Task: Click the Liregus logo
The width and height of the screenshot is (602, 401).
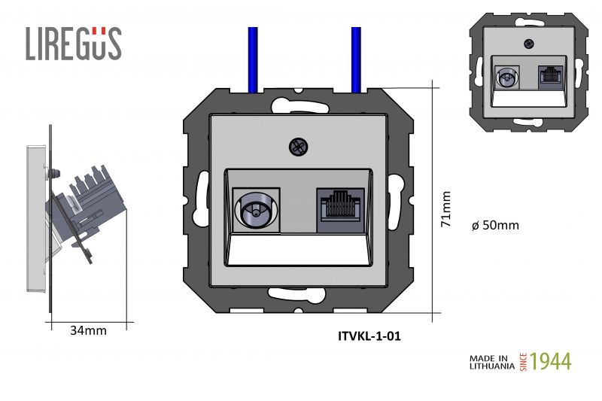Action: point(74,44)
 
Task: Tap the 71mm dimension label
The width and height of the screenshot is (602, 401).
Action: point(445,209)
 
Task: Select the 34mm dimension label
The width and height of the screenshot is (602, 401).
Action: point(88,330)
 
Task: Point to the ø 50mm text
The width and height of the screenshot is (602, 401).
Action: point(495,225)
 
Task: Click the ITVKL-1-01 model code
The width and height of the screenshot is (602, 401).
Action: point(369,336)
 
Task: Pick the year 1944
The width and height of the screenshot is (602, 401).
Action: point(551,361)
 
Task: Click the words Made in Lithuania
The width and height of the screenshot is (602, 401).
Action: point(492,362)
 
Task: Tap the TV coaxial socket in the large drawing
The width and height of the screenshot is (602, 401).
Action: point(256,211)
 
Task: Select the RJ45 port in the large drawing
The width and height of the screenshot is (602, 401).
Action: point(340,211)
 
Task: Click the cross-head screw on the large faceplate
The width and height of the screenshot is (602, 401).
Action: point(299,147)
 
